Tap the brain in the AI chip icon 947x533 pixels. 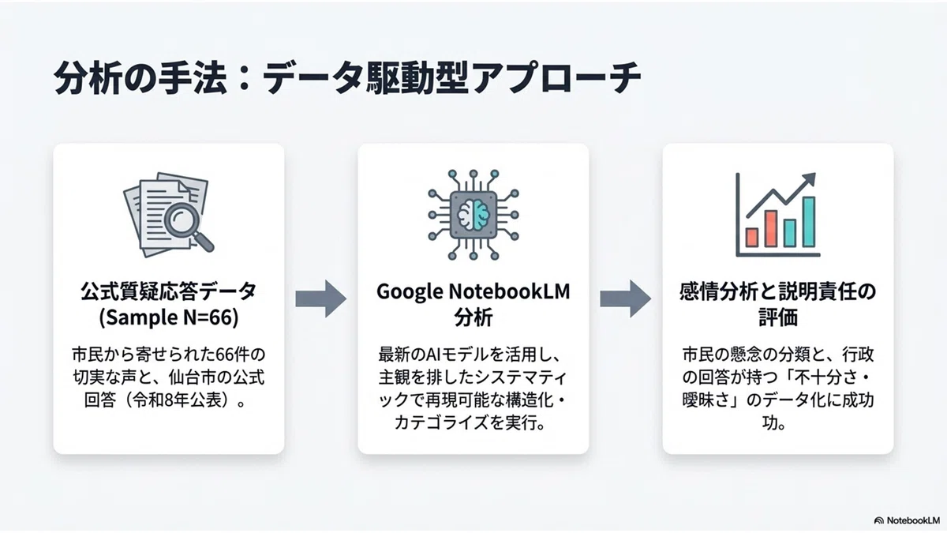click(x=473, y=215)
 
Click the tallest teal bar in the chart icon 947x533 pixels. click(x=809, y=222)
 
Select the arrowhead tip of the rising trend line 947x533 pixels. click(x=814, y=174)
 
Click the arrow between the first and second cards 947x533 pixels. click(x=321, y=298)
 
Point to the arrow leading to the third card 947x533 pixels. click(x=625, y=298)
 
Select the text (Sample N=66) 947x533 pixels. click(x=169, y=317)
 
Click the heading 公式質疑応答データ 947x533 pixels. click(x=169, y=292)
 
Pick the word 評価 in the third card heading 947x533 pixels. click(x=778, y=317)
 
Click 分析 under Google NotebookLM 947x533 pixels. click(x=473, y=317)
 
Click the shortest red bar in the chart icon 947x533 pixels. click(x=751, y=238)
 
